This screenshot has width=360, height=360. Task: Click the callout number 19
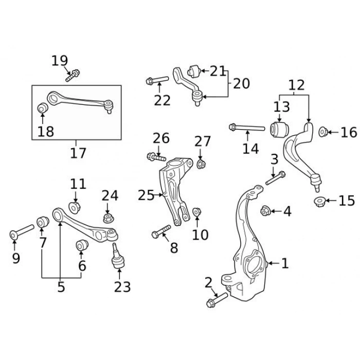pyautogui.click(x=60, y=61)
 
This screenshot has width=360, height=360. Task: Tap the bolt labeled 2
pyautogui.click(x=217, y=300)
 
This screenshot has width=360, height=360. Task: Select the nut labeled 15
pyautogui.click(x=319, y=201)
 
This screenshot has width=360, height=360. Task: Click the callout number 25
pyautogui.click(x=146, y=195)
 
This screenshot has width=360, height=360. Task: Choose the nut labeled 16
pyautogui.click(x=323, y=132)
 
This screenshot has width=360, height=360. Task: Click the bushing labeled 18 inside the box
pyautogui.click(x=43, y=108)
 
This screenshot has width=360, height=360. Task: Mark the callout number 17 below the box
pyautogui.click(x=78, y=153)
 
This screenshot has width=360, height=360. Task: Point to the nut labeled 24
pyautogui.click(x=108, y=218)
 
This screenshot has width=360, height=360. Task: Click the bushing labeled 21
pyautogui.click(x=194, y=69)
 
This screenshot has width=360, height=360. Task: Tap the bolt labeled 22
pyautogui.click(x=157, y=80)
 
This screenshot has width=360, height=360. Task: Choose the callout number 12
pyautogui.click(x=297, y=85)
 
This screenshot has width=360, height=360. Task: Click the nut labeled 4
pyautogui.click(x=266, y=210)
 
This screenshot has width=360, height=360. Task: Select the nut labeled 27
pyautogui.click(x=202, y=164)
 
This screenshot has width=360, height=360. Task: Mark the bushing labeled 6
pyautogui.click(x=81, y=245)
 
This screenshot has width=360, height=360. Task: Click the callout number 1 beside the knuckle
pyautogui.click(x=285, y=264)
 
